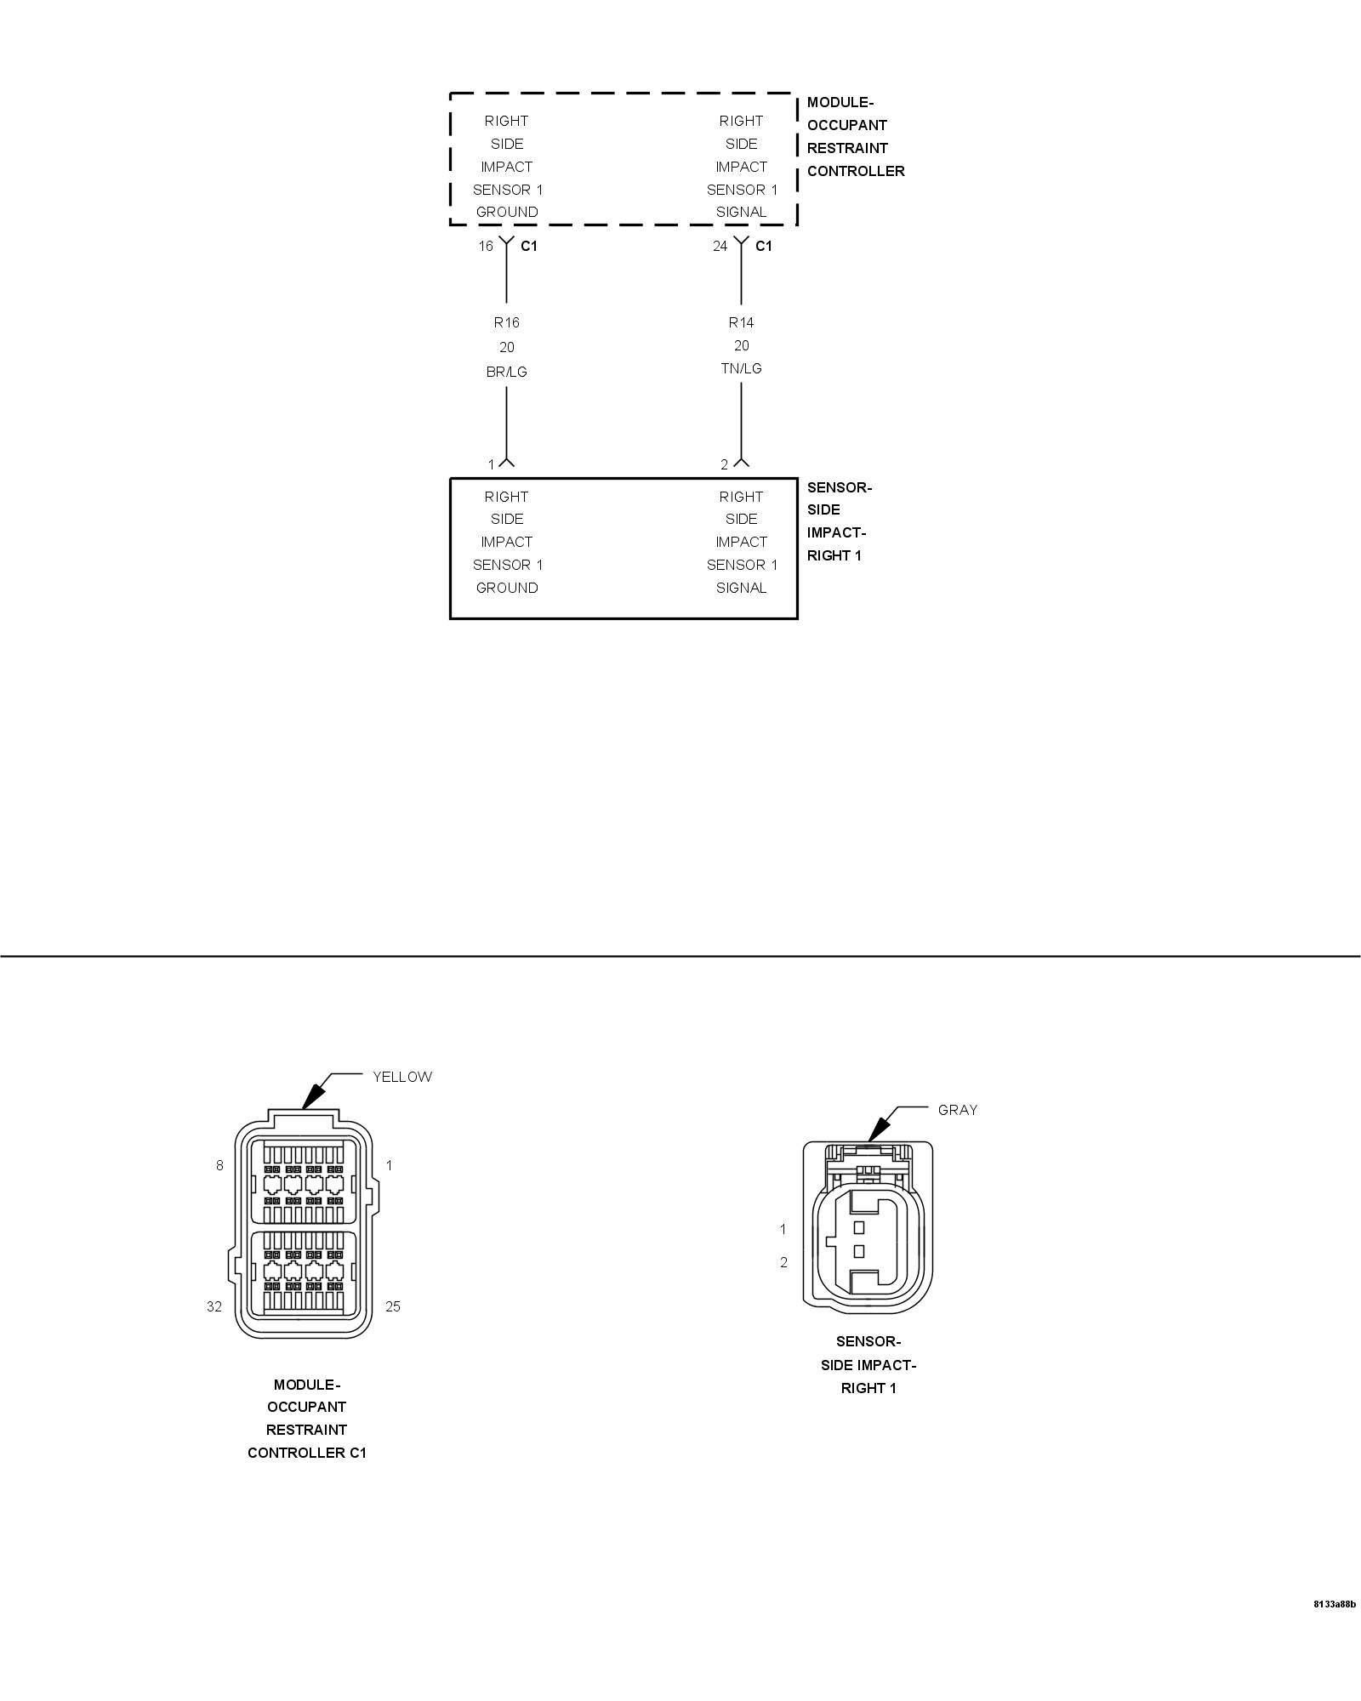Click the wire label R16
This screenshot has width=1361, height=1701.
tap(506, 322)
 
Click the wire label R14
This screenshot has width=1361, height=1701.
tap(741, 322)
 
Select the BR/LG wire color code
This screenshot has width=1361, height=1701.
tap(506, 372)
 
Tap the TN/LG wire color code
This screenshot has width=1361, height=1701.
tap(741, 368)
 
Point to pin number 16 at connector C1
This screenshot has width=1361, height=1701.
tap(485, 246)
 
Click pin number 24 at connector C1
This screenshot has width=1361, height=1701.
tap(720, 246)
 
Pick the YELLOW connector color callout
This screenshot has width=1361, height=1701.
tap(402, 1077)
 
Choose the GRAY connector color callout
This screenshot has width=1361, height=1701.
tap(958, 1110)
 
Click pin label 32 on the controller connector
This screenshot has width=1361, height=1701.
tap(214, 1306)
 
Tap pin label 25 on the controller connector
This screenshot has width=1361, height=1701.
tap(392, 1306)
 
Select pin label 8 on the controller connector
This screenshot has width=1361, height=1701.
tap(219, 1165)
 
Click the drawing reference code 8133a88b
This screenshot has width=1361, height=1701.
tap(1334, 1628)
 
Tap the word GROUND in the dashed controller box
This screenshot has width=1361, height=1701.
tap(507, 212)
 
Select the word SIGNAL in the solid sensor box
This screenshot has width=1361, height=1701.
tap(741, 588)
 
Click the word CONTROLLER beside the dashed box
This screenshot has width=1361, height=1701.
tap(856, 171)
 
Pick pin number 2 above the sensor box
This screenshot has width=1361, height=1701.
tap(725, 464)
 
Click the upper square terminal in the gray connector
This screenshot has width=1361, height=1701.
tap(859, 1227)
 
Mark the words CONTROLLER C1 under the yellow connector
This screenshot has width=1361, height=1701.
tap(307, 1453)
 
